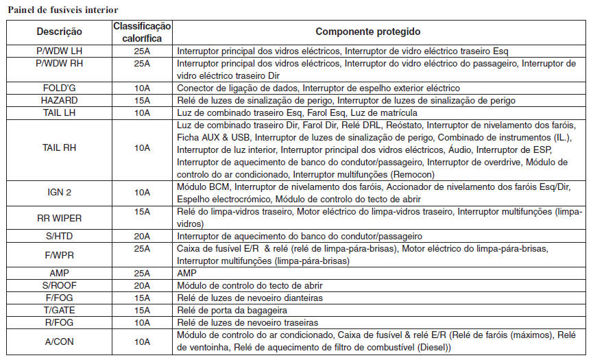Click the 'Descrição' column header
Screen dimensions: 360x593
(x=59, y=32)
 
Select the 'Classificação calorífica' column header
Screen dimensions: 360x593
(x=142, y=32)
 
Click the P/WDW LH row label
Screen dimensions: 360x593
(x=59, y=51)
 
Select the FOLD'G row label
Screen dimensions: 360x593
(x=59, y=88)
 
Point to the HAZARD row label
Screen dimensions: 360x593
(x=59, y=100)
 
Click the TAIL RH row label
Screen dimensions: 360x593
(x=59, y=147)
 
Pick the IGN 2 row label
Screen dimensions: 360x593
(x=59, y=192)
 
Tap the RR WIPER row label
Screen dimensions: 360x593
(x=59, y=218)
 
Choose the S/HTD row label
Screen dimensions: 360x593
(x=59, y=236)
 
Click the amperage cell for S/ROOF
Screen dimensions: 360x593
(x=142, y=285)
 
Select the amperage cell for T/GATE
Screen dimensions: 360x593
(x=142, y=309)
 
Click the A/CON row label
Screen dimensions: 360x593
(x=59, y=341)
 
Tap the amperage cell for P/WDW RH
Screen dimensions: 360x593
(x=142, y=63)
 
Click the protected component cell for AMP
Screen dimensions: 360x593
(x=186, y=273)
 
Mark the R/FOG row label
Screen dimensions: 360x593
(x=59, y=322)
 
